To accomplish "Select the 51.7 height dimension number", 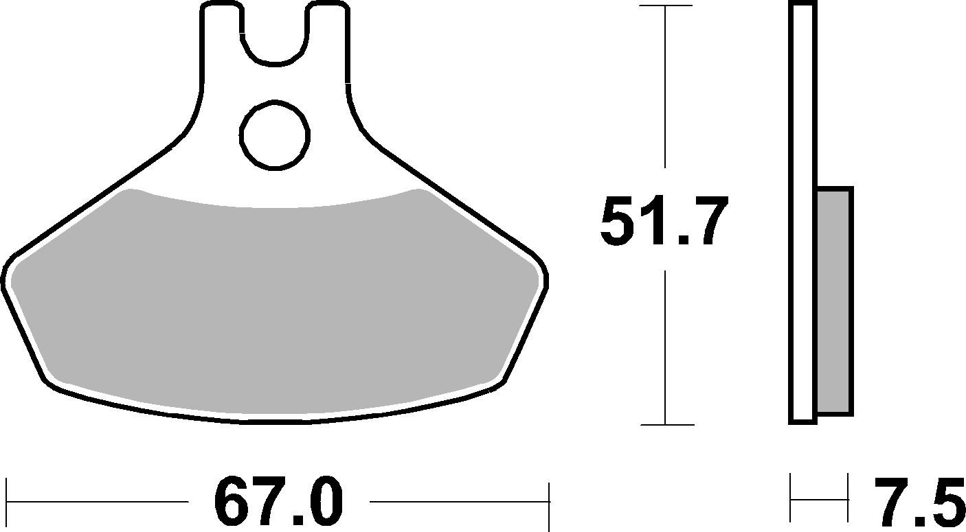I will (663, 221).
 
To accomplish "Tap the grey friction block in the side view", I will (835, 301).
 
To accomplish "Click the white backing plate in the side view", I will (802, 206).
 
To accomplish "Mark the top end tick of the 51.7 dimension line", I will (665, 5).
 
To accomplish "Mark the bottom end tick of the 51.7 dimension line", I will (665, 424).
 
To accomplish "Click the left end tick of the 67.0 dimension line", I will (7, 502).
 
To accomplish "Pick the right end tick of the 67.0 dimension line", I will (548, 502).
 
